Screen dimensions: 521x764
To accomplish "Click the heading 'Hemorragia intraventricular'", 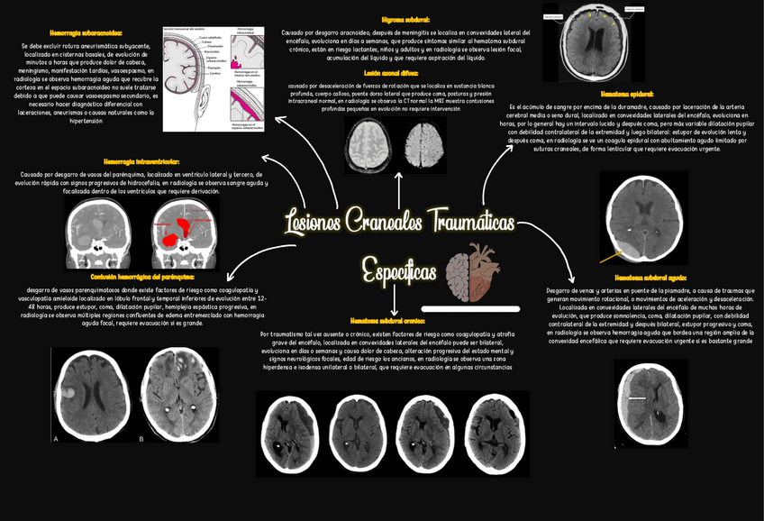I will click(141, 161).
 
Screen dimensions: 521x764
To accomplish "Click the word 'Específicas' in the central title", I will click(400, 270).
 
